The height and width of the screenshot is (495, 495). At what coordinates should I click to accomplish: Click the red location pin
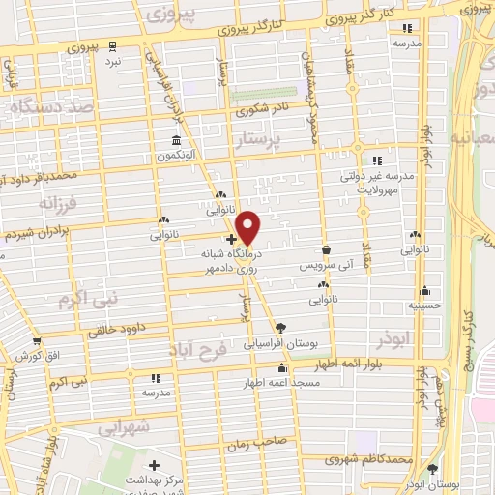point(248,227)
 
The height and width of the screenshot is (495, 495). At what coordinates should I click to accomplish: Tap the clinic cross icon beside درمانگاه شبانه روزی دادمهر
point(232,238)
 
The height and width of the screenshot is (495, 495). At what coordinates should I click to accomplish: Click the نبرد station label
point(113,61)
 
